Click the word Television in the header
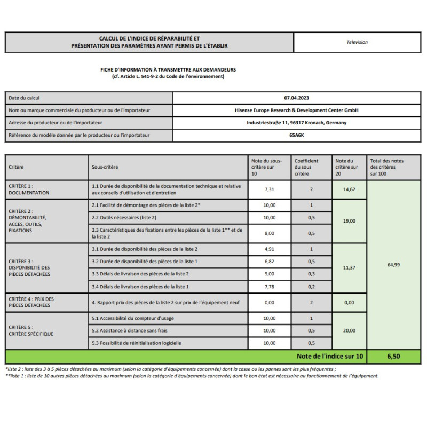pyautogui.click(x=357, y=42)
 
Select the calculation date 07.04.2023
pyautogui.click(x=297, y=98)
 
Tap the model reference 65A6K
pyautogui.click(x=297, y=135)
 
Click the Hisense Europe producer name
pyautogui.click(x=297, y=110)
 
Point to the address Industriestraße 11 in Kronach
pyautogui.click(x=297, y=123)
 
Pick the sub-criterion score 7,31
pyautogui.click(x=270, y=189)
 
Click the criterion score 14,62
pyautogui.click(x=349, y=189)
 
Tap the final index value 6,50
pyautogui.click(x=393, y=357)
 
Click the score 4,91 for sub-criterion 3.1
pyautogui.click(x=270, y=249)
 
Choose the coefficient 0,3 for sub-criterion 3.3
pyautogui.click(x=312, y=274)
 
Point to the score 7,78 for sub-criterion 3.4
pyautogui.click(x=270, y=286)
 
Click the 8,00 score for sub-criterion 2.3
pyautogui.click(x=270, y=233)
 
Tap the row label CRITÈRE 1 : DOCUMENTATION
pyautogui.click(x=29, y=189)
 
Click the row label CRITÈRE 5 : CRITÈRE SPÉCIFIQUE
pyautogui.click(x=30, y=330)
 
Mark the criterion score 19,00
pyautogui.click(x=349, y=220)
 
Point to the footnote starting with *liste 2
pyautogui.click(x=171, y=369)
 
